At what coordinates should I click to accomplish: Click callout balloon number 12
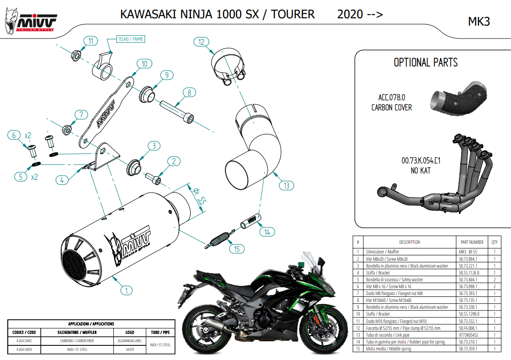tap(201, 42)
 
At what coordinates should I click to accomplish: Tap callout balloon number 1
tap(126, 290)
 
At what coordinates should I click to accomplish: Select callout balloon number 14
tap(267, 232)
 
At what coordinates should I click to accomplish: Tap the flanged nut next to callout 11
tap(76, 56)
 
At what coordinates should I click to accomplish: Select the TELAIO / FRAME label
tap(131, 39)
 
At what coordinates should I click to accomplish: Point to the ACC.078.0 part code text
tap(392, 97)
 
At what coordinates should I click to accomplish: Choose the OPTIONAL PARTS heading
tap(426, 62)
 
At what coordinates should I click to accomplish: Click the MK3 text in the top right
tap(479, 21)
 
